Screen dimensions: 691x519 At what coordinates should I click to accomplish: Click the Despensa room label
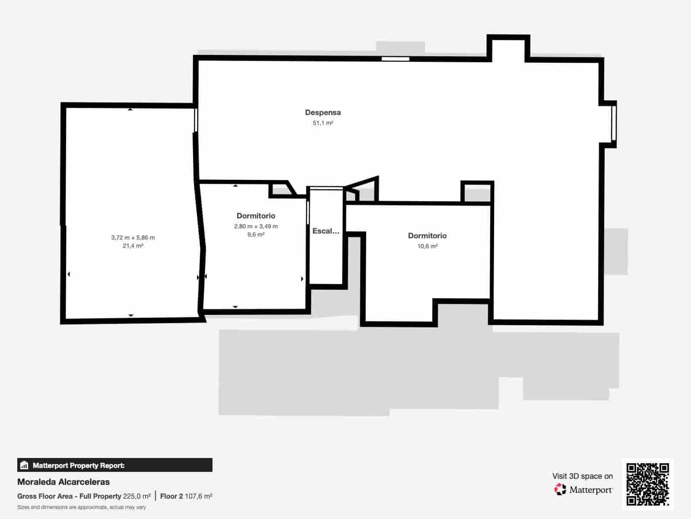pyautogui.click(x=323, y=112)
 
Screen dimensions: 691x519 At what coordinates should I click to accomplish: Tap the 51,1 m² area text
pyautogui.click(x=323, y=123)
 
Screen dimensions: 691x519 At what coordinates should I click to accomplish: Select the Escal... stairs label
pyautogui.click(x=326, y=231)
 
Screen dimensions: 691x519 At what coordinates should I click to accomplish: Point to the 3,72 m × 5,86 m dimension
pyautogui.click(x=133, y=237)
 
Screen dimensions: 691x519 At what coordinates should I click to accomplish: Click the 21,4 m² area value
pyautogui.click(x=133, y=246)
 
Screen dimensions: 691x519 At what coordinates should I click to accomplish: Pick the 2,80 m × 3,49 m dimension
pyautogui.click(x=256, y=226)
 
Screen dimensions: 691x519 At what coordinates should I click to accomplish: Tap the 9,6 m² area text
pyautogui.click(x=256, y=234)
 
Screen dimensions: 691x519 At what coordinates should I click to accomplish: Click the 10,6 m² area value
pyautogui.click(x=427, y=246)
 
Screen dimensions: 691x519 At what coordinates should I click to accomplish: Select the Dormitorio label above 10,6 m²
pyautogui.click(x=427, y=236)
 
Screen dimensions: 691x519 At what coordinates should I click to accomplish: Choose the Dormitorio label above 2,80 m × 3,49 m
pyautogui.click(x=256, y=216)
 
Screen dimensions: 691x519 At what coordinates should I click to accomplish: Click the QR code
pyautogui.click(x=647, y=484)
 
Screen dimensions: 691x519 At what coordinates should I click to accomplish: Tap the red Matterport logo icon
pyautogui.click(x=560, y=490)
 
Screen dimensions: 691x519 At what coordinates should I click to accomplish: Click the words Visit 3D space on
pyautogui.click(x=583, y=476)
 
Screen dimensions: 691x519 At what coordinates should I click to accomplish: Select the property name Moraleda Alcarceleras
pyautogui.click(x=63, y=482)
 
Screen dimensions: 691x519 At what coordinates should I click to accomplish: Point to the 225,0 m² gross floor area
pyautogui.click(x=136, y=497)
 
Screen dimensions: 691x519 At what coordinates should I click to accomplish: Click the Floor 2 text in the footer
pyautogui.click(x=171, y=497)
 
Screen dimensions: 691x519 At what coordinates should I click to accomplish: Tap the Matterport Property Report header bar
pyautogui.click(x=114, y=465)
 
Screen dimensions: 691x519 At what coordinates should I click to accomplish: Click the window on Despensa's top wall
pyautogui.click(x=396, y=59)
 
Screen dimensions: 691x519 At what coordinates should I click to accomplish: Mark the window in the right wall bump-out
pyautogui.click(x=613, y=123)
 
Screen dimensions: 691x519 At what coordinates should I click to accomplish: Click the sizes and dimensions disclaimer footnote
pyautogui.click(x=82, y=507)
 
